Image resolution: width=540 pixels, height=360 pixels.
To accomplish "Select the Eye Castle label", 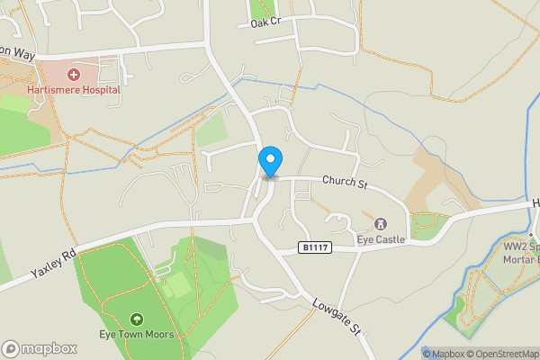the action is [x=381, y=239].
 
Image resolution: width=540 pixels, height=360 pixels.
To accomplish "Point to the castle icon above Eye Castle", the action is [x=381, y=223].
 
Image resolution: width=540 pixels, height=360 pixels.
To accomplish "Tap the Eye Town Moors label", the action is [x=136, y=336].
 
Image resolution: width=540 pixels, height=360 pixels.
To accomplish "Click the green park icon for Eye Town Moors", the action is [x=136, y=319].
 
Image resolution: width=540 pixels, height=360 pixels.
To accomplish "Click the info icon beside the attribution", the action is [x=427, y=354].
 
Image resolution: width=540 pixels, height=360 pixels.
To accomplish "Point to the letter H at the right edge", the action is [x=535, y=203].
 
